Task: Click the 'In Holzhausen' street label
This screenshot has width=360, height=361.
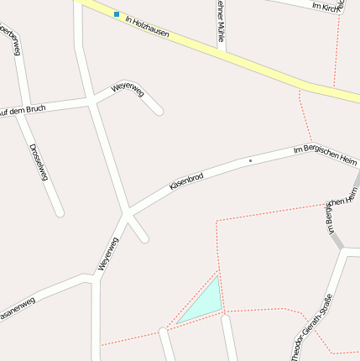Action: pyautogui.click(x=147, y=26)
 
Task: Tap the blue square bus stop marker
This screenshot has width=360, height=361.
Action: pyautogui.click(x=117, y=13)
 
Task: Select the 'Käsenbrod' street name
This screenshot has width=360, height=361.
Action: pyautogui.click(x=186, y=180)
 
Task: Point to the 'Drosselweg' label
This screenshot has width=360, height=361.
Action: pyautogui.click(x=37, y=162)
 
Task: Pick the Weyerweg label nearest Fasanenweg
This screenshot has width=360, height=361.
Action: pyautogui.click(x=108, y=254)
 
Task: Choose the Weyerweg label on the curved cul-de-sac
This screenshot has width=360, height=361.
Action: pyautogui.click(x=128, y=88)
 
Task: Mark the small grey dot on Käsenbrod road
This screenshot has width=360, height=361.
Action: pyautogui.click(x=250, y=160)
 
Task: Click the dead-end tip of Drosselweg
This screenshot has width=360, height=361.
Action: pyautogui.click(x=59, y=212)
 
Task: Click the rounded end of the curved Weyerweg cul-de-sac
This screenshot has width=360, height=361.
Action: pyautogui.click(x=159, y=111)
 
